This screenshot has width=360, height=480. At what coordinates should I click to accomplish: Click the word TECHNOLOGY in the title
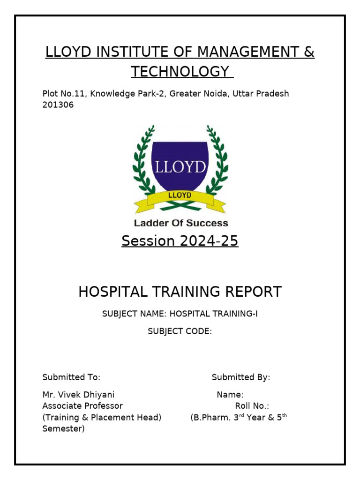[181, 72]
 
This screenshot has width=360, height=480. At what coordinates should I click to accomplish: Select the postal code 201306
[58, 105]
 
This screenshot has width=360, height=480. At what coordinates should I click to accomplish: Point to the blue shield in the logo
[180, 164]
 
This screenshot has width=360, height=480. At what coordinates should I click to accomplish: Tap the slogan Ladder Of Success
[181, 223]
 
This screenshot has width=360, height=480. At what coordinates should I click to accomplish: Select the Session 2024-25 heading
[180, 241]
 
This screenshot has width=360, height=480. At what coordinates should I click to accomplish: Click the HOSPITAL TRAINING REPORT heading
[180, 292]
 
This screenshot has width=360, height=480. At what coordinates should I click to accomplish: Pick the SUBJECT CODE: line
[180, 331]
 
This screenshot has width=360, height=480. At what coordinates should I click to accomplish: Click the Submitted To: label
[71, 377]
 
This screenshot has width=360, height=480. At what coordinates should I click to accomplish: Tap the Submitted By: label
[241, 377]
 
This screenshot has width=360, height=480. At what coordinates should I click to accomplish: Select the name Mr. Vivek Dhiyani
[78, 395]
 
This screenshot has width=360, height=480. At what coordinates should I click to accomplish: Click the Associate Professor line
[82, 406]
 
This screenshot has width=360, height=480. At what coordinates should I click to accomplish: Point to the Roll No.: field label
[252, 406]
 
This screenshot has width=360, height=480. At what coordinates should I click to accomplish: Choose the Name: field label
[230, 395]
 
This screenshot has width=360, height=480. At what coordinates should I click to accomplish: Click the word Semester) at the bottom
[63, 428]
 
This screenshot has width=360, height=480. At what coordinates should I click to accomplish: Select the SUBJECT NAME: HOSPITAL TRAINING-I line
[180, 314]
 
